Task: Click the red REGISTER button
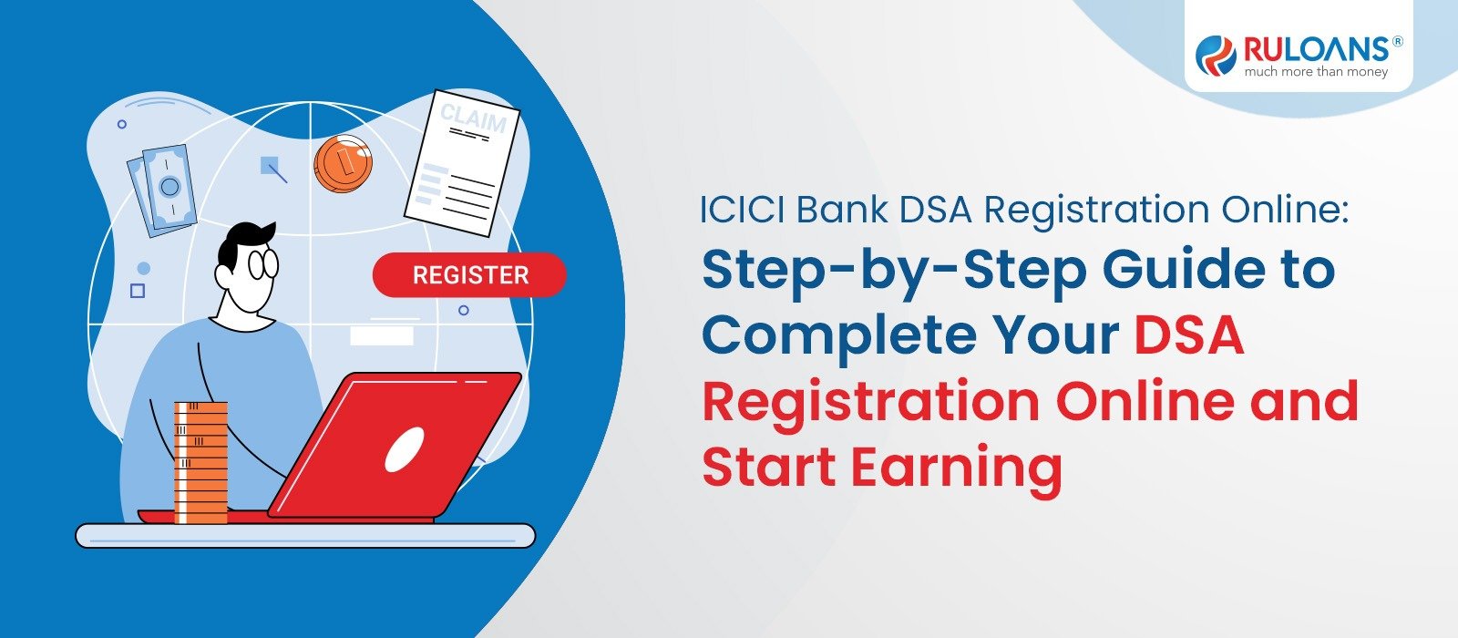coord(469,275)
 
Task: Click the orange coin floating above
coord(343,164)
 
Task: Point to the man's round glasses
coord(262,264)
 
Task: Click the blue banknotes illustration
coord(162,190)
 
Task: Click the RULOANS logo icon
coord(1216,54)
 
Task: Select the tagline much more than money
coord(1316,72)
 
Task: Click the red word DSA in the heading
coord(1188,335)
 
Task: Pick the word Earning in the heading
coord(957,468)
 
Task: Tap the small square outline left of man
coord(138,291)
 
